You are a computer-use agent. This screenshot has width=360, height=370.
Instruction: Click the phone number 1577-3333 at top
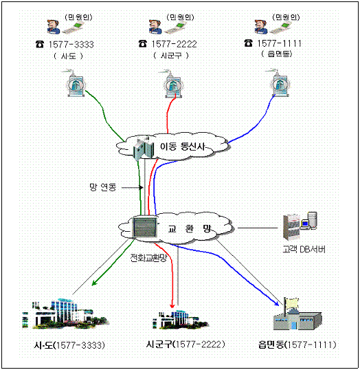click(71, 45)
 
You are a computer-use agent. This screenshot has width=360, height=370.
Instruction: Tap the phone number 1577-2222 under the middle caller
click(174, 44)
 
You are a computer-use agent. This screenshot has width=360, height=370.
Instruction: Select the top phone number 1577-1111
click(280, 43)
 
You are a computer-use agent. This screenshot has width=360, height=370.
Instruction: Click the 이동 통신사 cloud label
click(182, 146)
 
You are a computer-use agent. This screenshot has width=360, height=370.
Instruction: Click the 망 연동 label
click(103, 187)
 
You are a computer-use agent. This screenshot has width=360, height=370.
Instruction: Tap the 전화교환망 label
click(148, 258)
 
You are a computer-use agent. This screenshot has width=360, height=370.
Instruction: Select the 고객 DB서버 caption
click(304, 249)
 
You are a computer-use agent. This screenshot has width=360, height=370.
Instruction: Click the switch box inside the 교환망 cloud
click(144, 227)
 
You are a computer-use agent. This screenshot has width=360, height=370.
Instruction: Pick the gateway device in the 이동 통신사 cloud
click(143, 148)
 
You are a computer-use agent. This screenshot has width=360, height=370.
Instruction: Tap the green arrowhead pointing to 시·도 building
click(94, 283)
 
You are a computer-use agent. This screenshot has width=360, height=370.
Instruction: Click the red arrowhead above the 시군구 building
click(172, 306)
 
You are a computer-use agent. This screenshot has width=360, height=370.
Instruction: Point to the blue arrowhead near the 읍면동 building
click(277, 303)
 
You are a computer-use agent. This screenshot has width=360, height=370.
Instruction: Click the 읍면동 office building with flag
click(297, 314)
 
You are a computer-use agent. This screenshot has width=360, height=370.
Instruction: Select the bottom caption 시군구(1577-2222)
click(185, 345)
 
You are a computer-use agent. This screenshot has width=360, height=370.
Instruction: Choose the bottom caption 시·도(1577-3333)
click(69, 345)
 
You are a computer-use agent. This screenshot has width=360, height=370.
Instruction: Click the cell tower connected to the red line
click(173, 84)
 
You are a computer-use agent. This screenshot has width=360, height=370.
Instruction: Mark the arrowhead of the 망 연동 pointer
click(142, 188)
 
